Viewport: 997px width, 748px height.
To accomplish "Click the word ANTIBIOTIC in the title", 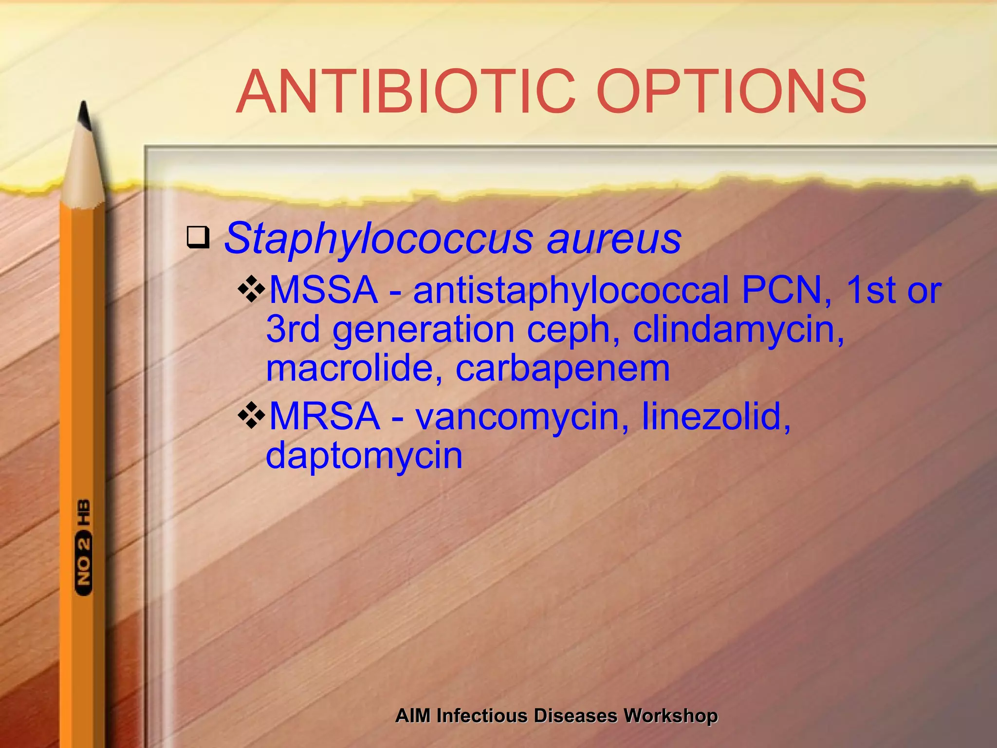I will click(x=406, y=92).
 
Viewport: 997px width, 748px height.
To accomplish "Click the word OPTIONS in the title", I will click(x=731, y=92).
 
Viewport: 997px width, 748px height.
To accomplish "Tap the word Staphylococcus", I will click(x=379, y=239).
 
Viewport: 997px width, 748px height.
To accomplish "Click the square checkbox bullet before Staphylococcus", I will click(x=198, y=237).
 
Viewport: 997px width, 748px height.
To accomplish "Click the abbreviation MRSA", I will click(x=325, y=416).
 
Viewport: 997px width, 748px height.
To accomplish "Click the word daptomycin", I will click(x=364, y=456).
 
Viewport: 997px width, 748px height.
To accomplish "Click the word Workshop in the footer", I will click(x=671, y=716).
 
